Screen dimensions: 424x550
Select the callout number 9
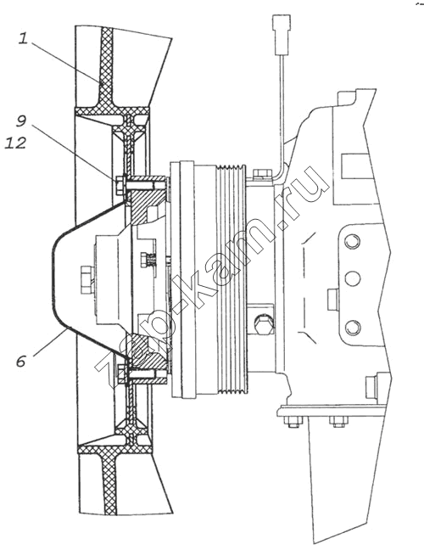click(x=21, y=121)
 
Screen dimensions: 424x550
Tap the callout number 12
click(x=15, y=143)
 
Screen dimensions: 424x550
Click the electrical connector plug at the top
click(x=281, y=35)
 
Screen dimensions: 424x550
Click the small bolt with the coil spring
click(x=149, y=260)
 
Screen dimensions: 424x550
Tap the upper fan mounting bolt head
click(x=120, y=184)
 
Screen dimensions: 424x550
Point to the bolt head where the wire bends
click(x=261, y=173)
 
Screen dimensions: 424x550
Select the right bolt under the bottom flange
click(x=338, y=422)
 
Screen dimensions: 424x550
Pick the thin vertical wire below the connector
click(x=281, y=109)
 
